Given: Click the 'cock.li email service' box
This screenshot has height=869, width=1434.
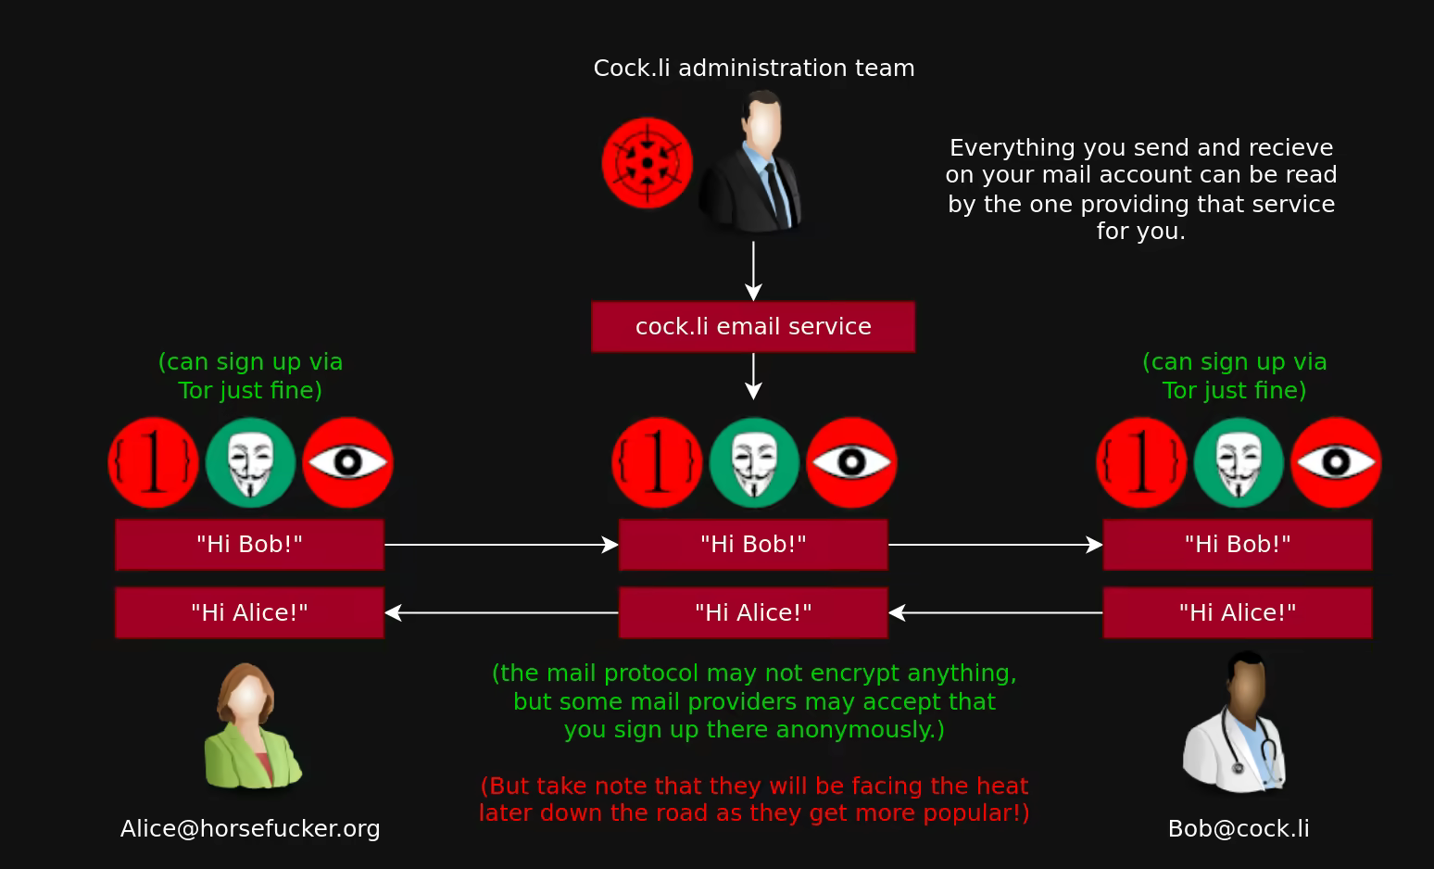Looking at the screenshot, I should coord(753,326).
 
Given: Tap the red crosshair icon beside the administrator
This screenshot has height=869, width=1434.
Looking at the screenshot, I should coord(647,163).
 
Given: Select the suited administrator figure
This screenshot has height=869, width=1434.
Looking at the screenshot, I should coord(752,161).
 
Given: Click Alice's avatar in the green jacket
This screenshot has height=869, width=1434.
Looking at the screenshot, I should coord(250,728).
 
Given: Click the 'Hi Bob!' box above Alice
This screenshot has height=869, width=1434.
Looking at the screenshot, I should coord(249,544).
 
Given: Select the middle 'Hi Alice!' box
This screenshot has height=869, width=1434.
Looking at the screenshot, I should coord(753,612).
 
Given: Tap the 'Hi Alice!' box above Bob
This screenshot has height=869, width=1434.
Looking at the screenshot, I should coord(1238,612).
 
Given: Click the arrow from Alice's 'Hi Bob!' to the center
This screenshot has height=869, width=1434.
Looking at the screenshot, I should coord(501,545).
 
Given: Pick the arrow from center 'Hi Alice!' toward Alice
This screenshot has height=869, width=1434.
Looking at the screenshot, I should coord(501,612).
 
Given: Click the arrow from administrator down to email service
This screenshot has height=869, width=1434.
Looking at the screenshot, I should coord(753,271).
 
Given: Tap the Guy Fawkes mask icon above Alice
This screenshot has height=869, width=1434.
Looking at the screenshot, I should coord(250,462).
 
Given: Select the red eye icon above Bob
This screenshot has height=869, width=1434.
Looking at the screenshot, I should coord(1335,462).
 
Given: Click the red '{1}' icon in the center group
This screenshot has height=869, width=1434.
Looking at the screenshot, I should coord(657,462).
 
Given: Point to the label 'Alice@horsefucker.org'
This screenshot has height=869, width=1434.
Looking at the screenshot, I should coord(250,828).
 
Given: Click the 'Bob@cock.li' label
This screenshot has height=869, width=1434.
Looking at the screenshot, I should coord(1239,828).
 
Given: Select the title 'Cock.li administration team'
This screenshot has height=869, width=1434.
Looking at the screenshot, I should coord(753,68).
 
